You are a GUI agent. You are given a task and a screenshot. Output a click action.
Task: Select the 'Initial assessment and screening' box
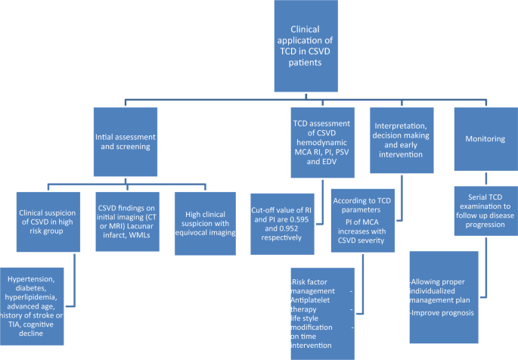126,138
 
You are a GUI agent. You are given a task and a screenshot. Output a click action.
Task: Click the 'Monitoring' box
483,138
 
